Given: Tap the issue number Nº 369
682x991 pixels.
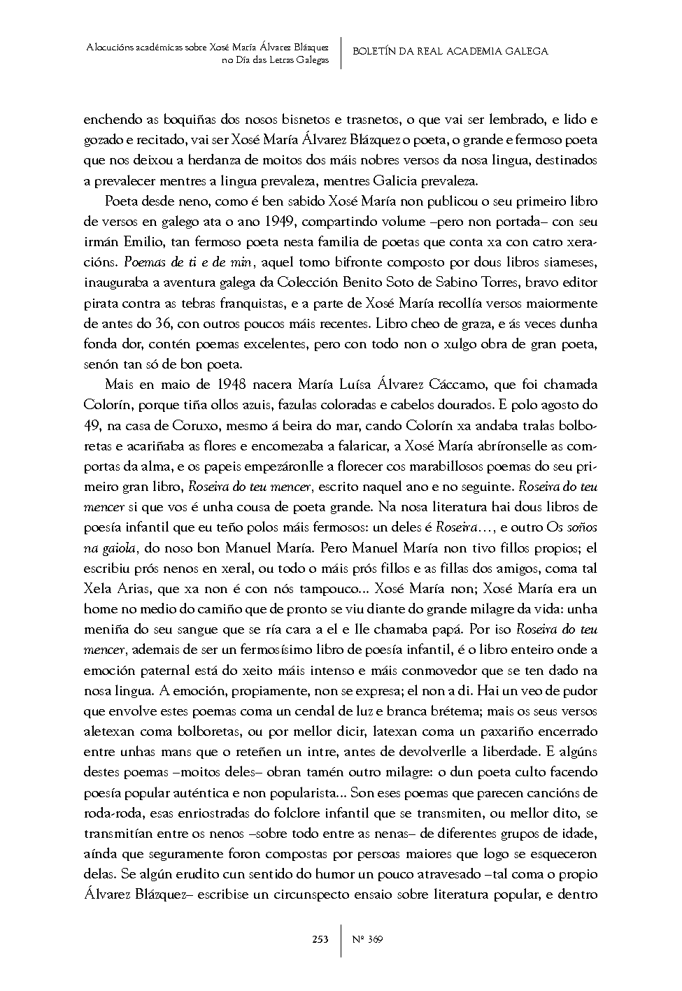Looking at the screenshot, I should click(368, 939).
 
